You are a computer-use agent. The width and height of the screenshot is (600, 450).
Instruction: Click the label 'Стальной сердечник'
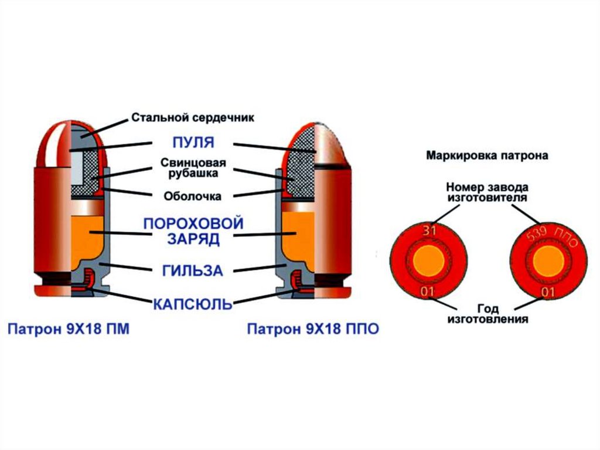[193, 118]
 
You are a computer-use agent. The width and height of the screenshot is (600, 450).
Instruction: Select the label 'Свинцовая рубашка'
[193, 168]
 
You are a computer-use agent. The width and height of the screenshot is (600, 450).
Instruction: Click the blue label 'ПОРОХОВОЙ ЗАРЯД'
[193, 231]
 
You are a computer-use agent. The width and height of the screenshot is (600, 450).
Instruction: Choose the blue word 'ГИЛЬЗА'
[193, 270]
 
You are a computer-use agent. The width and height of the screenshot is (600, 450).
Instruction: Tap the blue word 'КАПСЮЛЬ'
[192, 304]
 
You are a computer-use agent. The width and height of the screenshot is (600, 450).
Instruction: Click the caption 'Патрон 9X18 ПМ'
[68, 329]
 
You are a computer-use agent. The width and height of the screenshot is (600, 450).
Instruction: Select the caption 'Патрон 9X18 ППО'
[312, 329]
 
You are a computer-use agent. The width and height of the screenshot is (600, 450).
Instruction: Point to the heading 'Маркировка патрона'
[487, 156]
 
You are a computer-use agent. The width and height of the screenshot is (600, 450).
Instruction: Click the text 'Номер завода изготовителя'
[487, 192]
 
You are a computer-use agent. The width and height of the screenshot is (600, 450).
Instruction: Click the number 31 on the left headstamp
[430, 232]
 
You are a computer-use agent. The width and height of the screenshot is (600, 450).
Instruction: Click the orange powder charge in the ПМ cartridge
[88, 235]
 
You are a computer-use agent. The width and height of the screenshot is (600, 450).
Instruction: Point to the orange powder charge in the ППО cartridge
[297, 235]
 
